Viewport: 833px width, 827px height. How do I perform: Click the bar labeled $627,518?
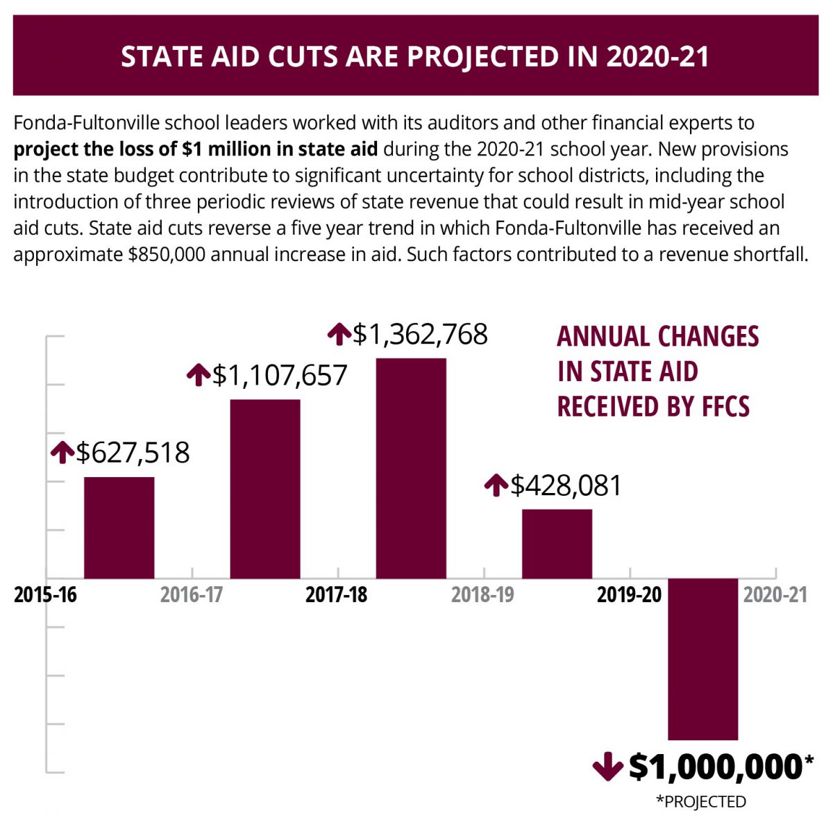coord(119,528)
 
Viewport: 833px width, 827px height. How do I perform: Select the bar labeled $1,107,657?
coord(265,489)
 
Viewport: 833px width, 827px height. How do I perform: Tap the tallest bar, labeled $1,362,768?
coord(411,468)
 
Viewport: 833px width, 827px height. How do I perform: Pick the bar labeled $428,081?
coord(557,544)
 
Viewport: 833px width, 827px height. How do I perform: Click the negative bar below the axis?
coord(702,659)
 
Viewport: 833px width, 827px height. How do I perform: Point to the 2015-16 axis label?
coord(46,596)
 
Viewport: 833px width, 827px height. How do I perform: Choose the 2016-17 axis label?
coord(192,596)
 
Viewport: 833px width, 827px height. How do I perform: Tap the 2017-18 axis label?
coord(337,596)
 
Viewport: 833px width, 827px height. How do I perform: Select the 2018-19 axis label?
coord(482,596)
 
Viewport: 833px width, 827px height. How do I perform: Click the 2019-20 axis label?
coord(629,596)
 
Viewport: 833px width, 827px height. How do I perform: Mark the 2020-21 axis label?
coord(775,596)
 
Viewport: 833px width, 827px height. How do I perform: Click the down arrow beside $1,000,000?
coord(607,767)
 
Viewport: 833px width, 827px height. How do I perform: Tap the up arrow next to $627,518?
coord(62,452)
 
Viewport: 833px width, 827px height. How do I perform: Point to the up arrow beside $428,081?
coord(496,485)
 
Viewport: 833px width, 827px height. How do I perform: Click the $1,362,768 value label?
coord(420,335)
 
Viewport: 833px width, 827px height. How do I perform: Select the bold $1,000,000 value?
coord(715,767)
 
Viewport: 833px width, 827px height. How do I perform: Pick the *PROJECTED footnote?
coord(701,802)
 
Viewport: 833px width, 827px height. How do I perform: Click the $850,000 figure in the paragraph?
coord(167,254)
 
